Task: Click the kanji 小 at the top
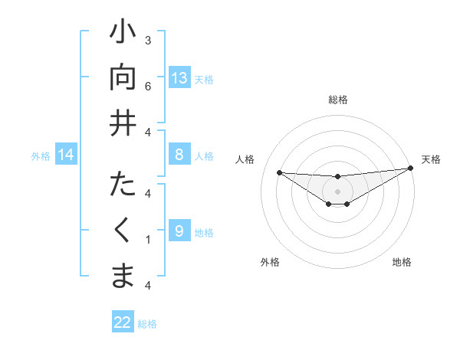pos(123,34)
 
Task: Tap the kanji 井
pos(123,123)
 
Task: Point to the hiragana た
pos(123,186)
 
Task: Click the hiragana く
pos(123,230)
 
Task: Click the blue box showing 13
pos(179,78)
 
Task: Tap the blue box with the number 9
pos(179,231)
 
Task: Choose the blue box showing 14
pos(66,155)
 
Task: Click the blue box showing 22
pos(123,322)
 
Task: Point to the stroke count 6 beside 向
pos(148,87)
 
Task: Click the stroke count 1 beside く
pos(148,240)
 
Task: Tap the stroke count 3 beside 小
pos(148,40)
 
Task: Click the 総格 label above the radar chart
pos(338,100)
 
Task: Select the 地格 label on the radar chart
pos(402,262)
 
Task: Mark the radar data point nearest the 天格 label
pos(410,169)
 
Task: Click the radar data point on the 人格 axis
pos(279,172)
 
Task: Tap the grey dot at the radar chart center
pos(338,191)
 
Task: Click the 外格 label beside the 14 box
pos(41,156)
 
